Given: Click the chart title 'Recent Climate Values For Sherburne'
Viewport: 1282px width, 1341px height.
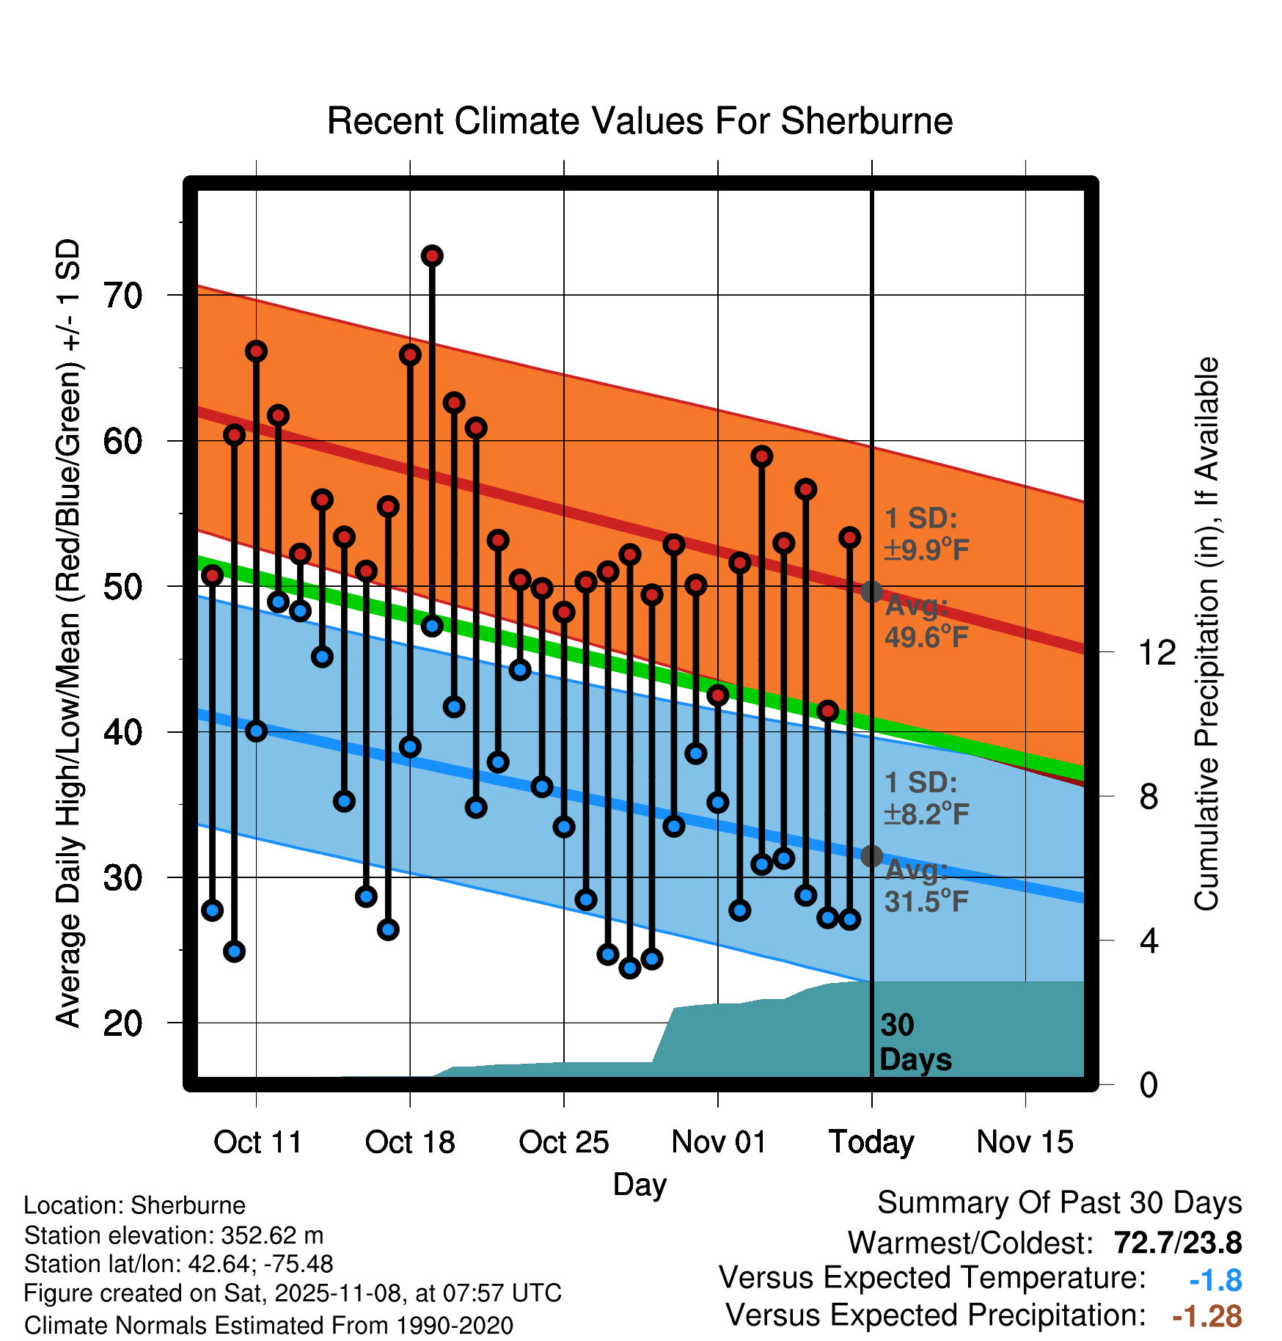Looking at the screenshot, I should (x=640, y=121).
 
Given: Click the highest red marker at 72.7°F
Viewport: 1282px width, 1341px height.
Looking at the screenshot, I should (x=432, y=255).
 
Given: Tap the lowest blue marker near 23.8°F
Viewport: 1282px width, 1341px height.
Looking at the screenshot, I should (x=630, y=968).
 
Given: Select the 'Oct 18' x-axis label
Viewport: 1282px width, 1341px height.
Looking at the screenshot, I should (x=410, y=1142).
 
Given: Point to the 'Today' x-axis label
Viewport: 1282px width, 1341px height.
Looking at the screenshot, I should (x=871, y=1142).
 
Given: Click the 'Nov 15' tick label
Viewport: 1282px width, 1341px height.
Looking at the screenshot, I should (x=1025, y=1142).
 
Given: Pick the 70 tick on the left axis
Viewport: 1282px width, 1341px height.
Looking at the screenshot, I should (x=122, y=296).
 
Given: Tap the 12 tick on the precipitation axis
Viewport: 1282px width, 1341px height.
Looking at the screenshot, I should (x=1157, y=652).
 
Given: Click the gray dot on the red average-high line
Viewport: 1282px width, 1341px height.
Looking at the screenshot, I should (x=871, y=591).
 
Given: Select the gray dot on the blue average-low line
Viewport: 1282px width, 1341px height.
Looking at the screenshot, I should (x=871, y=855).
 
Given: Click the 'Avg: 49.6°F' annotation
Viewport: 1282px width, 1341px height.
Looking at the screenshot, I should (x=926, y=622).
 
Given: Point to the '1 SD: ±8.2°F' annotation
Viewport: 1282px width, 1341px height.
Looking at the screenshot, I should (x=926, y=798).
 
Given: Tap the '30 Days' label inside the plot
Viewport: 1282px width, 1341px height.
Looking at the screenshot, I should (x=915, y=1042).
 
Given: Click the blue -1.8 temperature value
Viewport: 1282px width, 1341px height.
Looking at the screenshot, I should (x=1215, y=1281).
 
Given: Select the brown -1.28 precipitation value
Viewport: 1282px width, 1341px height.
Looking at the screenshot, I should (x=1206, y=1317).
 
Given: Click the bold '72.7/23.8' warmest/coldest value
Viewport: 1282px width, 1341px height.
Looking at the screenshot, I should (x=1177, y=1243).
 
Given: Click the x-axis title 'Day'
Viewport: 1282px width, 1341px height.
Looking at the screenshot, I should (x=640, y=1185).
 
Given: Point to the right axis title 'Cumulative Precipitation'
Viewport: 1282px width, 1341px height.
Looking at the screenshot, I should (x=1206, y=635).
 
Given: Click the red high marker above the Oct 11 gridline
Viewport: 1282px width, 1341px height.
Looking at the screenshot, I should (x=256, y=351).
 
